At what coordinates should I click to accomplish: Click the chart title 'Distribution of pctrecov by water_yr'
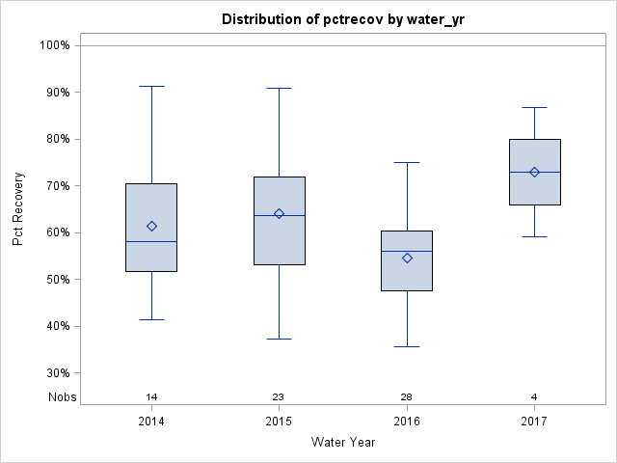tap(343, 19)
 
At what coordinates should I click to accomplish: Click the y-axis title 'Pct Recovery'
tap(18, 209)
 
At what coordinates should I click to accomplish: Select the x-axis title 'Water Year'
tap(343, 443)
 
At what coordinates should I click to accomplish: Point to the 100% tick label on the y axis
tap(54, 45)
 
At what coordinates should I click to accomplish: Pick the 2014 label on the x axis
tap(151, 422)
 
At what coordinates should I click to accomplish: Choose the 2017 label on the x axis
tap(534, 422)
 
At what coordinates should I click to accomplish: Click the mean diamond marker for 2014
tap(151, 226)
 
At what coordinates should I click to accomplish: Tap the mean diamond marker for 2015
tap(280, 213)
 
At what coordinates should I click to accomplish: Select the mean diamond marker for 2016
tap(407, 258)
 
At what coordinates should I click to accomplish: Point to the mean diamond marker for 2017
tap(534, 172)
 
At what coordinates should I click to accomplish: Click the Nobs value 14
tap(151, 397)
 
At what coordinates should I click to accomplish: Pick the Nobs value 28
tap(407, 397)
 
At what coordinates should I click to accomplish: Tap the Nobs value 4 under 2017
tap(534, 397)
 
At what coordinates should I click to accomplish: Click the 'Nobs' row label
tap(62, 397)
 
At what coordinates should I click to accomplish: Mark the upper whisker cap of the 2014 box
tap(151, 86)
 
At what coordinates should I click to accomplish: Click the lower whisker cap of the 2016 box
tap(407, 346)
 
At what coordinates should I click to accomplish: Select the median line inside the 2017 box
tap(534, 172)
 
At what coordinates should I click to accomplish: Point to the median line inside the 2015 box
tap(280, 215)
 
